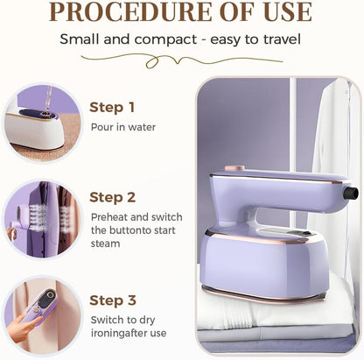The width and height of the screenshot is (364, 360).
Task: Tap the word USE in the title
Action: point(279,12)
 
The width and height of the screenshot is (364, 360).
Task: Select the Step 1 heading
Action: point(112,108)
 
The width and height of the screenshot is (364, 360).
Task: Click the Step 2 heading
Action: point(112,197)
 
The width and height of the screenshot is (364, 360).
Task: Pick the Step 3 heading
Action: point(112,300)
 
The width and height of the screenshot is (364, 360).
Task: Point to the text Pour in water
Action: point(123,126)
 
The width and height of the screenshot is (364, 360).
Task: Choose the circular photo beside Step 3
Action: point(41,316)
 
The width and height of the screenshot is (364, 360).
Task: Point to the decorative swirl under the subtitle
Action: point(180,59)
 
